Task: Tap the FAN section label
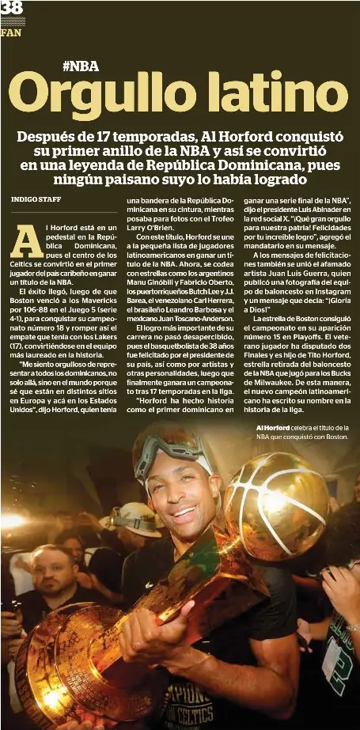point(10,33)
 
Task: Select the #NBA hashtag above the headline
point(80,66)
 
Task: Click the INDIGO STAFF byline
point(36,199)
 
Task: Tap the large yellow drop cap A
point(26,241)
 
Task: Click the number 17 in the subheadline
point(106,136)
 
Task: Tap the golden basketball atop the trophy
point(275,505)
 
